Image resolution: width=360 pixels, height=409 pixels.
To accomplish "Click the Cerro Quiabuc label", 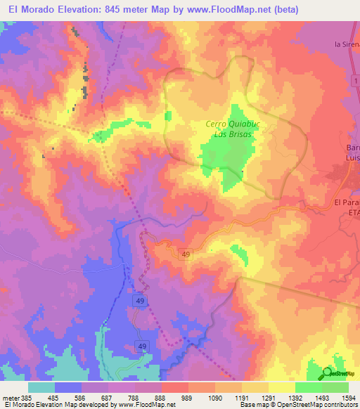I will [229, 124].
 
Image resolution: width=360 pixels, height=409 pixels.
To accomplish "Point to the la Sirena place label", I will [347, 44].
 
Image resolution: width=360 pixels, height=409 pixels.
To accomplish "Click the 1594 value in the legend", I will [340, 398].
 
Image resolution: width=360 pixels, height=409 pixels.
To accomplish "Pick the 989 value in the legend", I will [169, 398].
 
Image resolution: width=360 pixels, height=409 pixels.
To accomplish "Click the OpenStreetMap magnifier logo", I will [328, 373].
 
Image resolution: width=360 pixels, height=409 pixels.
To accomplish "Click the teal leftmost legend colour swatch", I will [41, 387].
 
